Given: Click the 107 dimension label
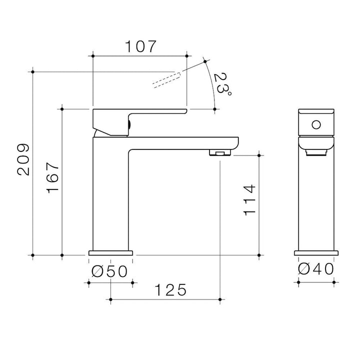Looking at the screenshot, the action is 140,46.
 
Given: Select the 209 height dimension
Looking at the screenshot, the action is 23,160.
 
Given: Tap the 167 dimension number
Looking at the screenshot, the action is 52,178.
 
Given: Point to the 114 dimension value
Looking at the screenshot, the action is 249,200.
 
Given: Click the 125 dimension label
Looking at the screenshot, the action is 170,290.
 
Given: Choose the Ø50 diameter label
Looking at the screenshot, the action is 109,271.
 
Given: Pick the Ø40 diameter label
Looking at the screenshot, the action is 316,269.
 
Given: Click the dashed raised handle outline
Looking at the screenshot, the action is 166,80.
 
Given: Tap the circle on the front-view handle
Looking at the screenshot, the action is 316,125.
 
